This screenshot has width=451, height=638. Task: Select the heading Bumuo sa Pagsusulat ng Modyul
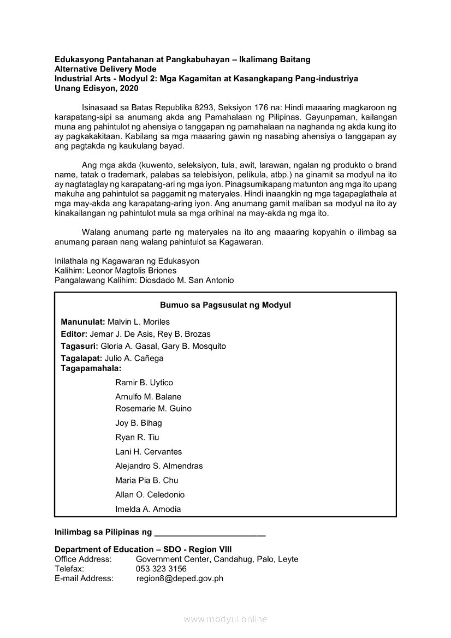[x=225, y=305]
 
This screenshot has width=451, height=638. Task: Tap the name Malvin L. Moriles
[x=139, y=321]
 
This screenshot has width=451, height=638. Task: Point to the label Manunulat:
[x=83, y=321]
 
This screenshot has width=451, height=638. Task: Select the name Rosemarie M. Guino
[x=153, y=408]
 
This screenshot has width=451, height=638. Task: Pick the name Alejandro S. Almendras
[x=159, y=466]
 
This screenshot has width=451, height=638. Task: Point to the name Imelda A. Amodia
[x=148, y=509]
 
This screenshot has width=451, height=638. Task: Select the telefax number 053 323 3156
[x=161, y=569]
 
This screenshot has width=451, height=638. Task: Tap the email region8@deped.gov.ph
[x=180, y=579]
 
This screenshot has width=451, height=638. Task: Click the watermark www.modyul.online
[x=226, y=619]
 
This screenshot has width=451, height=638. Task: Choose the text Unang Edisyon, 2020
[x=96, y=88]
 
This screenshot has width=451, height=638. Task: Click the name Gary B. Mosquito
[x=194, y=346]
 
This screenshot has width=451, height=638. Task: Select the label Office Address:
[x=83, y=559]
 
